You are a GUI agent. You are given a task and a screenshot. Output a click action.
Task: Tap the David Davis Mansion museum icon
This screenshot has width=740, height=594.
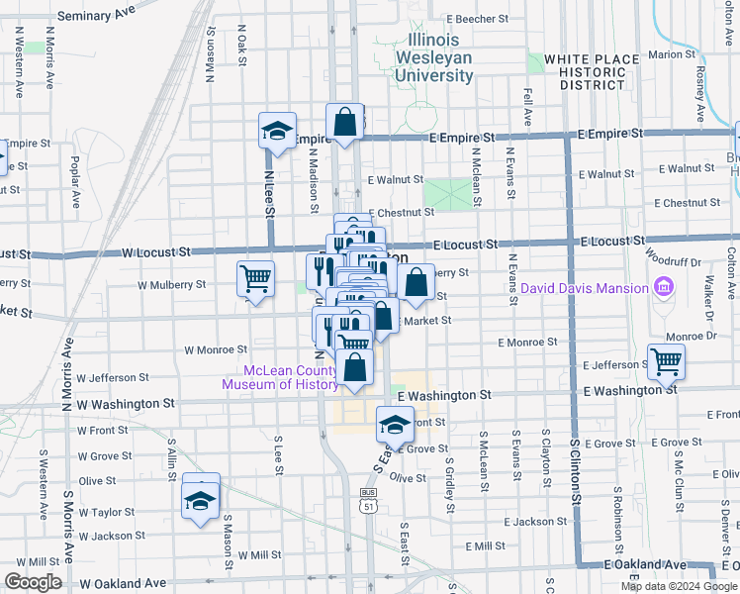pyautogui.click(x=664, y=289)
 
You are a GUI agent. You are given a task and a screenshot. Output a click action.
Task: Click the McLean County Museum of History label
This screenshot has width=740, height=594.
pyautogui.click(x=280, y=378)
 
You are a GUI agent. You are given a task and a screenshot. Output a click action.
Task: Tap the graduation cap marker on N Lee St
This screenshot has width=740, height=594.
pyautogui.click(x=277, y=131)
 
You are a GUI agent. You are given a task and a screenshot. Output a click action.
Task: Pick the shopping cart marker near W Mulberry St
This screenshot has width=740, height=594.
pyautogui.click(x=255, y=278)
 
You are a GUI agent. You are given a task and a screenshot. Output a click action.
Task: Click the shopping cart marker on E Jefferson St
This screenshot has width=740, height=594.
pyautogui.click(x=666, y=361)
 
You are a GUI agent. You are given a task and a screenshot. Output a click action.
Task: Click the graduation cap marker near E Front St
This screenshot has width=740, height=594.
pyautogui.click(x=396, y=424)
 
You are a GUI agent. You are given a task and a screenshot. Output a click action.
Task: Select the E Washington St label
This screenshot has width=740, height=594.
pyautogui.click(x=446, y=394)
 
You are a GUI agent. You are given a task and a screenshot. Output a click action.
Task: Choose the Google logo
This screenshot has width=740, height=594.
pyautogui.click(x=33, y=582)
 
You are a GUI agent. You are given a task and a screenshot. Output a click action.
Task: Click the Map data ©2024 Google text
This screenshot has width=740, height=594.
pyautogui.click(x=678, y=586)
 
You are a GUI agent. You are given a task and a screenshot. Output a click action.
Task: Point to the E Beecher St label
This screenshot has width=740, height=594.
pyautogui.click(x=477, y=19)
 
